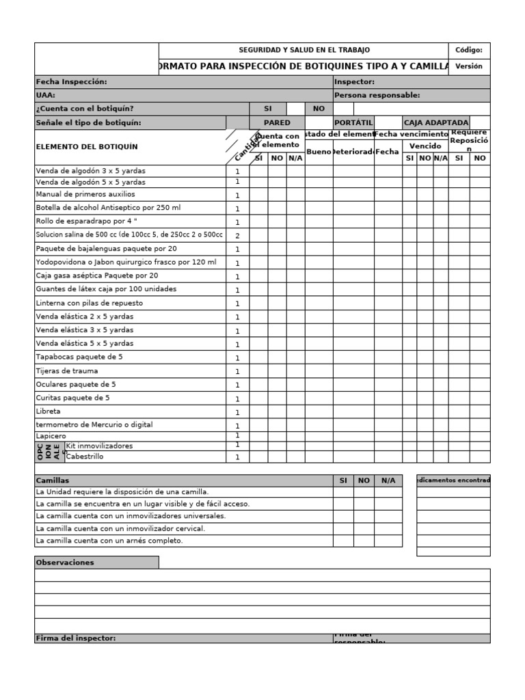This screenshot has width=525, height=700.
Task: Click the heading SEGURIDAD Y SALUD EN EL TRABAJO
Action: pos(304,50)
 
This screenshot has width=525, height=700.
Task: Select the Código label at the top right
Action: pos(469,50)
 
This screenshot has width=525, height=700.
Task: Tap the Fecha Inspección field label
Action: pos(71,81)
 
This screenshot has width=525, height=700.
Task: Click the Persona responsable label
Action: pos(377,95)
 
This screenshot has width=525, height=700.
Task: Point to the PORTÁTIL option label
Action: pos(353,122)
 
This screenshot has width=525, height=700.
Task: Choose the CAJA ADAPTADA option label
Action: pos(436,122)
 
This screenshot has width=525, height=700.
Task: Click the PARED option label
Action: pos(277,122)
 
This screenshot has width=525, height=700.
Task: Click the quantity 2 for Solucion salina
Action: pos(237,235)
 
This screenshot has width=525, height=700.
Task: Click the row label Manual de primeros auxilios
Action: pos(85,194)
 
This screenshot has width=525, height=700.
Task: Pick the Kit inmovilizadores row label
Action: pos(99,446)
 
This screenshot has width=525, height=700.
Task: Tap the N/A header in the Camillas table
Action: pos(388,481)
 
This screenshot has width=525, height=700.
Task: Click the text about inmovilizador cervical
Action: pos(120,528)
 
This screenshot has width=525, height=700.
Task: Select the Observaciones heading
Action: pos(65,563)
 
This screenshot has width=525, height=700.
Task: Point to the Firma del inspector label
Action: pos(75,638)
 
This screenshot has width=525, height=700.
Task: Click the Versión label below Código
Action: pos(469,66)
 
